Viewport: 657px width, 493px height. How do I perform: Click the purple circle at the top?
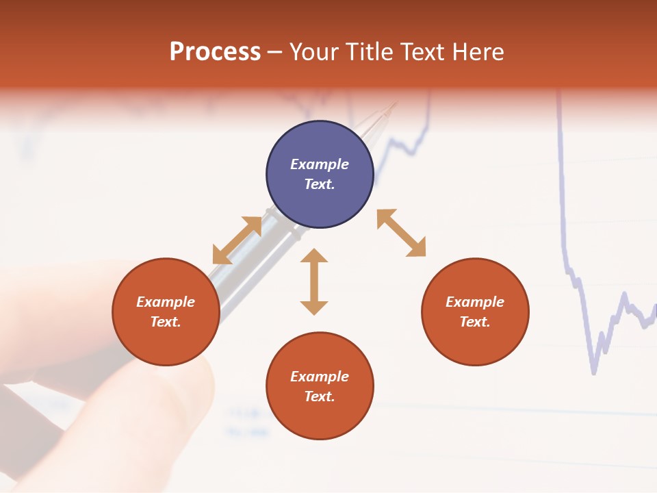coord(320,175)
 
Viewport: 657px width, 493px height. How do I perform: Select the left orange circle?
coord(166,312)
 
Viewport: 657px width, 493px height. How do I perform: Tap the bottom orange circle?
coord(320,386)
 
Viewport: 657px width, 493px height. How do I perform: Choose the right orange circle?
coord(475,312)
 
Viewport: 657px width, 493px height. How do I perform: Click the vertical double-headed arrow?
coord(314,281)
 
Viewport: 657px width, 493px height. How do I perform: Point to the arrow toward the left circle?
coord(237,240)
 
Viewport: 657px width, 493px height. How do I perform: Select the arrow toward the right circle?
coord(401,233)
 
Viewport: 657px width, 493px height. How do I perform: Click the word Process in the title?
coord(215,52)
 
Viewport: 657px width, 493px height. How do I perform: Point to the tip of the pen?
coord(395,105)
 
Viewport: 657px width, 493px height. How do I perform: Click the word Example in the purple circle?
coord(320,164)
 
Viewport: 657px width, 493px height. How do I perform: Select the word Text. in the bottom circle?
coord(320,396)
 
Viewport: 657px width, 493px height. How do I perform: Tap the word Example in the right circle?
coord(475,302)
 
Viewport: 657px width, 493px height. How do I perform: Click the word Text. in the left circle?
coord(166,322)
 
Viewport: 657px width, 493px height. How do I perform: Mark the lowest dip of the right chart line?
coord(593,372)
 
